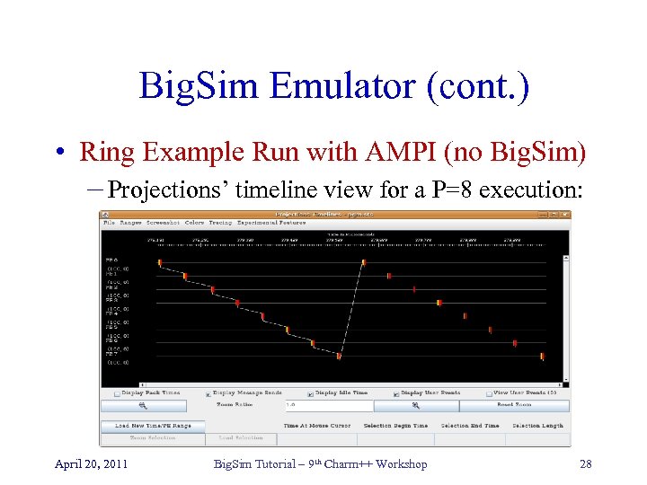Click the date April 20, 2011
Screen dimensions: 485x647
[91, 463]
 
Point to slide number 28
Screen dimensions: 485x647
[586, 463]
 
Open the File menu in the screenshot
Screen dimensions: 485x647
[108, 222]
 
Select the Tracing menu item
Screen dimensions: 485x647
[220, 222]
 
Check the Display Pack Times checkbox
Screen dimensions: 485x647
[118, 392]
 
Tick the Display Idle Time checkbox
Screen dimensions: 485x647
[310, 392]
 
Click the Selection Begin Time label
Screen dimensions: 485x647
[395, 426]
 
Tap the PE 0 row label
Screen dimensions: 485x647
[112, 260]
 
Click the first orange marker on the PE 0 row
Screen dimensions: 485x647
[160, 263]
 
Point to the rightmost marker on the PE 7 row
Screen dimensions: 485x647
[542, 356]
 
